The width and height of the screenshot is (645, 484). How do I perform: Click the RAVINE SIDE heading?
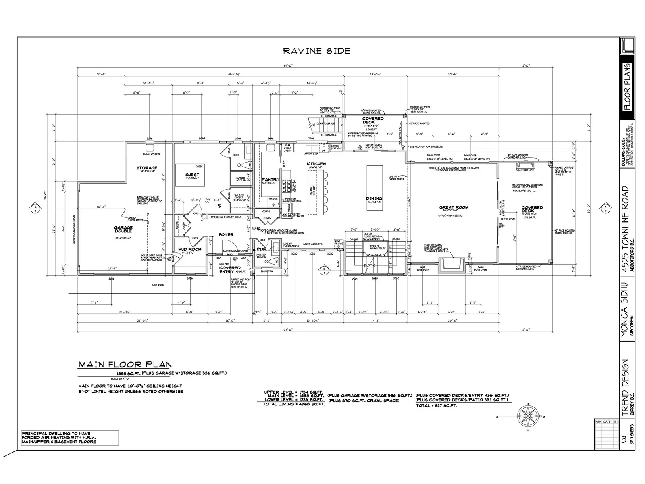[x=316, y=51]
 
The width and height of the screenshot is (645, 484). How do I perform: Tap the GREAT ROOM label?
[x=454, y=207]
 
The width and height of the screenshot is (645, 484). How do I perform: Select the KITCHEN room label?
[x=316, y=164]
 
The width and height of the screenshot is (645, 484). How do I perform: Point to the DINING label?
[x=374, y=198]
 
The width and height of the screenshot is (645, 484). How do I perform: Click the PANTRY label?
[x=270, y=179]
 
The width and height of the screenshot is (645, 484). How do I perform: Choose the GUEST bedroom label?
[x=192, y=175]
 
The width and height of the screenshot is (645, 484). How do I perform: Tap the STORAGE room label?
[x=147, y=168]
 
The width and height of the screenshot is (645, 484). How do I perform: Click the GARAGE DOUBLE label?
[x=123, y=229]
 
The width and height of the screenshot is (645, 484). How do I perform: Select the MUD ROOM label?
[x=189, y=250]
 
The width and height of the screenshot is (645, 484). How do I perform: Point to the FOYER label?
[x=226, y=235]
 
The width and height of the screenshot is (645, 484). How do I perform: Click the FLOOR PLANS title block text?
[x=627, y=87]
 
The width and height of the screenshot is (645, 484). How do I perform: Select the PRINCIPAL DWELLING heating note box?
[x=70, y=438]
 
